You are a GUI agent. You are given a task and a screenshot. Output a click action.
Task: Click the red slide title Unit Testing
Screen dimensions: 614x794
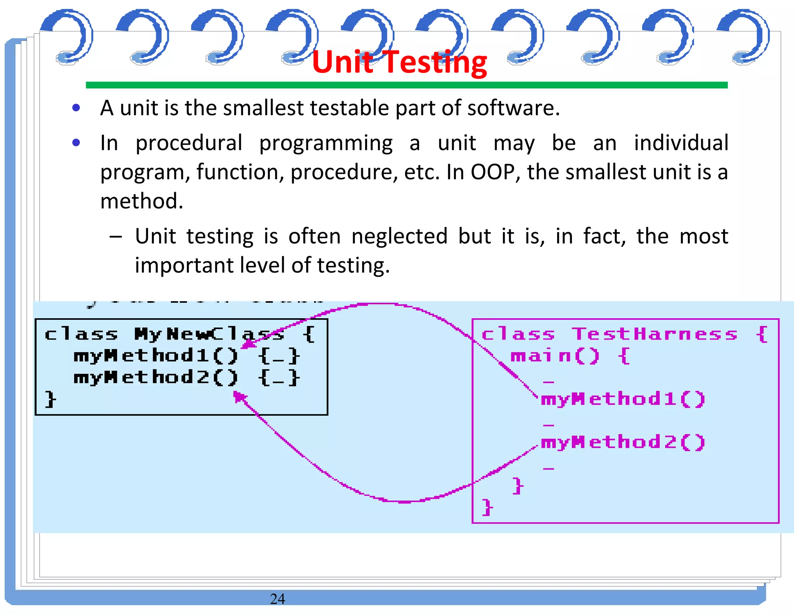399,62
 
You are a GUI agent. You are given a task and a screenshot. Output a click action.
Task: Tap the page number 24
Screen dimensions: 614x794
277,598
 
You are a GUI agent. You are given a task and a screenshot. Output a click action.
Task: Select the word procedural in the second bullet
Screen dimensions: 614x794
189,143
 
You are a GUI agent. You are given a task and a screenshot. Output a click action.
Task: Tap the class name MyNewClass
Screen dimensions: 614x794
209,334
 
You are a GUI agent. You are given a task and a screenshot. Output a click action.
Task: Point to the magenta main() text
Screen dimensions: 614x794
555,356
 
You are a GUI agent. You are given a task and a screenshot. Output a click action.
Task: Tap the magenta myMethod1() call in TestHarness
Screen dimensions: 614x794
623,399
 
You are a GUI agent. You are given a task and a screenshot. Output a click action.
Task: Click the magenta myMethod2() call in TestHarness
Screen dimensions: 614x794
623,442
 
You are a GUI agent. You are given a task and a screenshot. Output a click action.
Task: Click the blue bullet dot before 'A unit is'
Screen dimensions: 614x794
76,108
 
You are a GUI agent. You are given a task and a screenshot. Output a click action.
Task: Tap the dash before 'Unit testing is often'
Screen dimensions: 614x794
116,236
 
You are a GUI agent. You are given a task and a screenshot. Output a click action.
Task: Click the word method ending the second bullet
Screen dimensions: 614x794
142,201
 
